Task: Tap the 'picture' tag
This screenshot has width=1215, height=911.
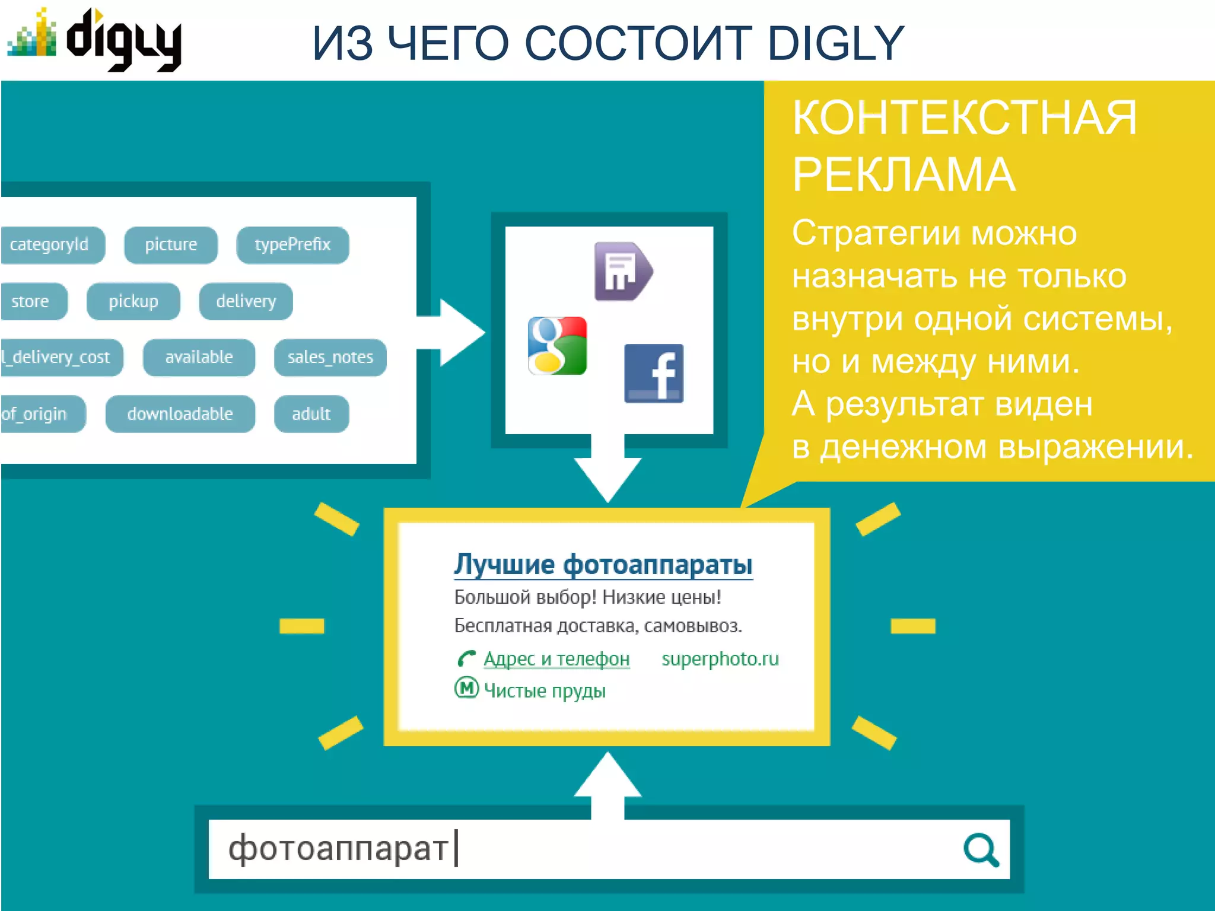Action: click(x=171, y=244)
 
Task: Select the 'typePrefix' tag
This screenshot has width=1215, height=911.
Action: click(x=292, y=244)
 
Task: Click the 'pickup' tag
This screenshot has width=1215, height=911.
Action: click(x=133, y=301)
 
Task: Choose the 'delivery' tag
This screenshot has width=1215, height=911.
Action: click(x=246, y=301)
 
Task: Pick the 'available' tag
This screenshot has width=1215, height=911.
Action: click(x=199, y=357)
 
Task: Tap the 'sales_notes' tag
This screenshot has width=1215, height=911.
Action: click(x=330, y=357)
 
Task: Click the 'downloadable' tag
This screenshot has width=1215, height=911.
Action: click(x=180, y=413)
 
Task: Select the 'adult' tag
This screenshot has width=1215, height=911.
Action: click(x=311, y=413)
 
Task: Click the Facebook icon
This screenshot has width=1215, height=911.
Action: click(x=654, y=374)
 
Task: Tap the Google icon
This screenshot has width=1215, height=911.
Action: click(x=558, y=346)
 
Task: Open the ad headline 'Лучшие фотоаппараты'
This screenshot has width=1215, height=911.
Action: click(x=603, y=564)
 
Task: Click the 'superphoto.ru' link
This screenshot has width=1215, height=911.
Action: click(x=720, y=659)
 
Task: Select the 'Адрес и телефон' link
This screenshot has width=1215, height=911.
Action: click(x=556, y=659)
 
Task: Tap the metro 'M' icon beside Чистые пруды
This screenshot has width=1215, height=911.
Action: click(x=466, y=688)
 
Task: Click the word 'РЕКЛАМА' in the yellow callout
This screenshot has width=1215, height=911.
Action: click(x=904, y=175)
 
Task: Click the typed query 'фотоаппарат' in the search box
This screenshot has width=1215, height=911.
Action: click(x=338, y=848)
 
